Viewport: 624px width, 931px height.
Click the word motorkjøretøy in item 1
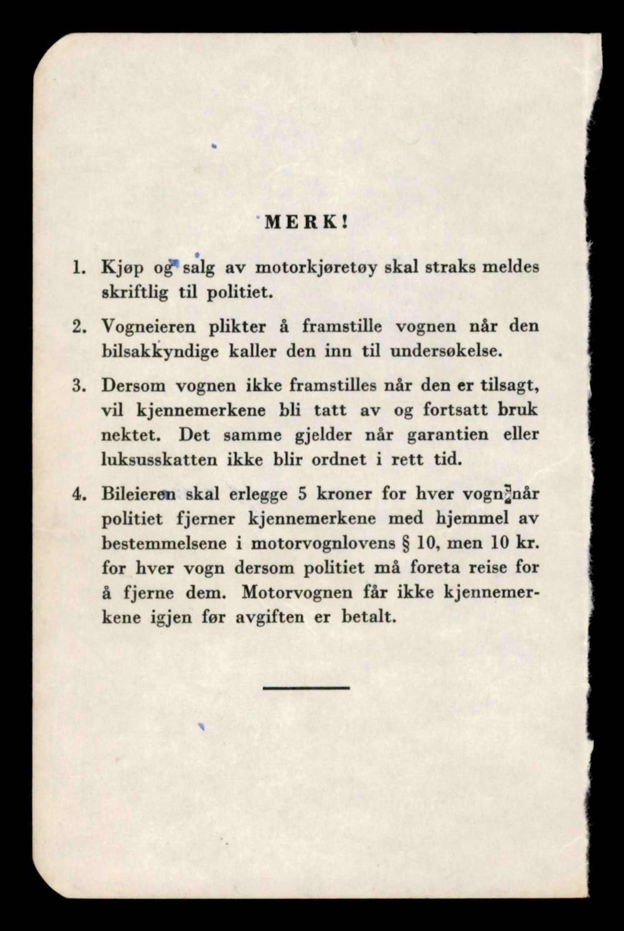click(x=316, y=268)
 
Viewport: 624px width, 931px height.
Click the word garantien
click(x=448, y=435)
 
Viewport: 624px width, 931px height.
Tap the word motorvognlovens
click(x=323, y=544)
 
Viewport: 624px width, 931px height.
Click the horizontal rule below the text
click(x=306, y=688)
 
